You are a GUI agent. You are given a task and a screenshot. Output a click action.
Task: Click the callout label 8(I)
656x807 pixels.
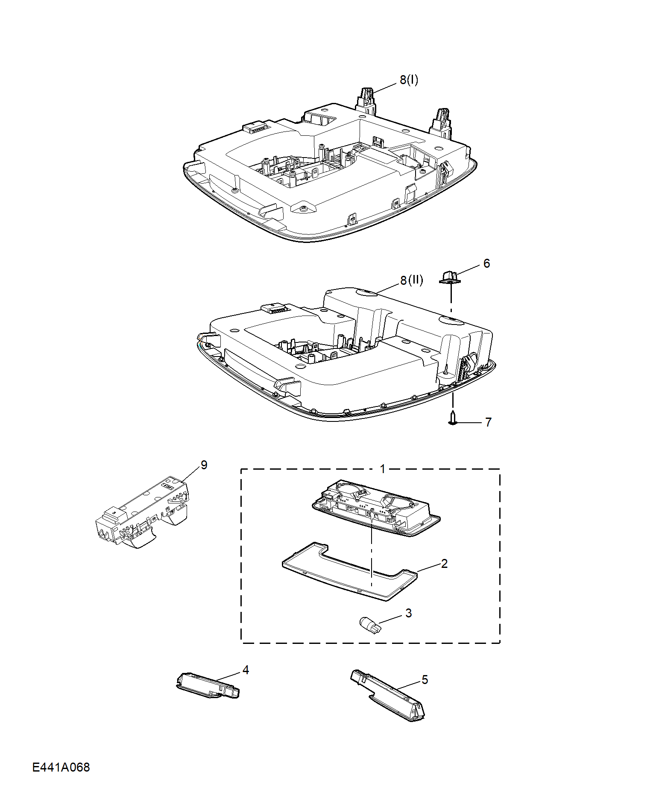point(409,80)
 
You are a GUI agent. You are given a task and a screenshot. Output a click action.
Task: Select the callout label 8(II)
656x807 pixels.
point(411,281)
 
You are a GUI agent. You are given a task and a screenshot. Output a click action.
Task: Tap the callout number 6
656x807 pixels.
point(486,263)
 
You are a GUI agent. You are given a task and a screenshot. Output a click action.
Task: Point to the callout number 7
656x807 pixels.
point(488,422)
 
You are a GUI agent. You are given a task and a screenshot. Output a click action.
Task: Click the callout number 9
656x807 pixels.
point(204,465)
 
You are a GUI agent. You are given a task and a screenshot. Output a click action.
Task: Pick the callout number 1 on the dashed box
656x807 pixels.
point(383,469)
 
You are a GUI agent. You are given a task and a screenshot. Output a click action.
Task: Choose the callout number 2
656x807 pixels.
point(444,564)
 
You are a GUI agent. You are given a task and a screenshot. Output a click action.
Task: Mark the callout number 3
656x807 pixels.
point(408,613)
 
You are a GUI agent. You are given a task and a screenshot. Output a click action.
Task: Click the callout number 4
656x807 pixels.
point(246,670)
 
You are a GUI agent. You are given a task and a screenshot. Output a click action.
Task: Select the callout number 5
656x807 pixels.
point(425,680)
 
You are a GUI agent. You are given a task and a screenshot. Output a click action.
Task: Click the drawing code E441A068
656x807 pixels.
point(61,767)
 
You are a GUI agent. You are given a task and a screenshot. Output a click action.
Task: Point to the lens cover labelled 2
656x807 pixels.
point(349,571)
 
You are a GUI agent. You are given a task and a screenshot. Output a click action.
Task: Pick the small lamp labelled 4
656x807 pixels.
point(208,685)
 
